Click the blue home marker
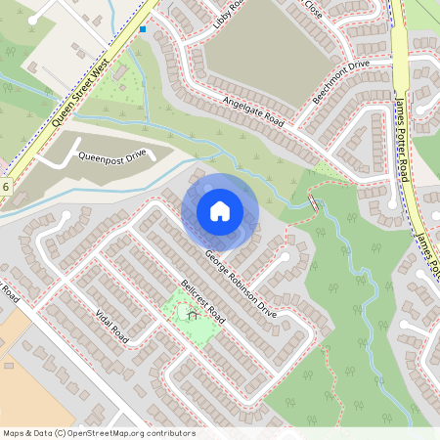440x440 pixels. tap(220, 210)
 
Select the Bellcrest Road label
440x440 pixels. tap(203, 304)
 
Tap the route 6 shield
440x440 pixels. tap(6, 186)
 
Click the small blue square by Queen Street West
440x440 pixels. tap(143, 29)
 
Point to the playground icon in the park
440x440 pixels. tap(192, 315)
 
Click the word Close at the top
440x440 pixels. tap(313, 8)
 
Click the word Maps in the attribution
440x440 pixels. tap(15, 432)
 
